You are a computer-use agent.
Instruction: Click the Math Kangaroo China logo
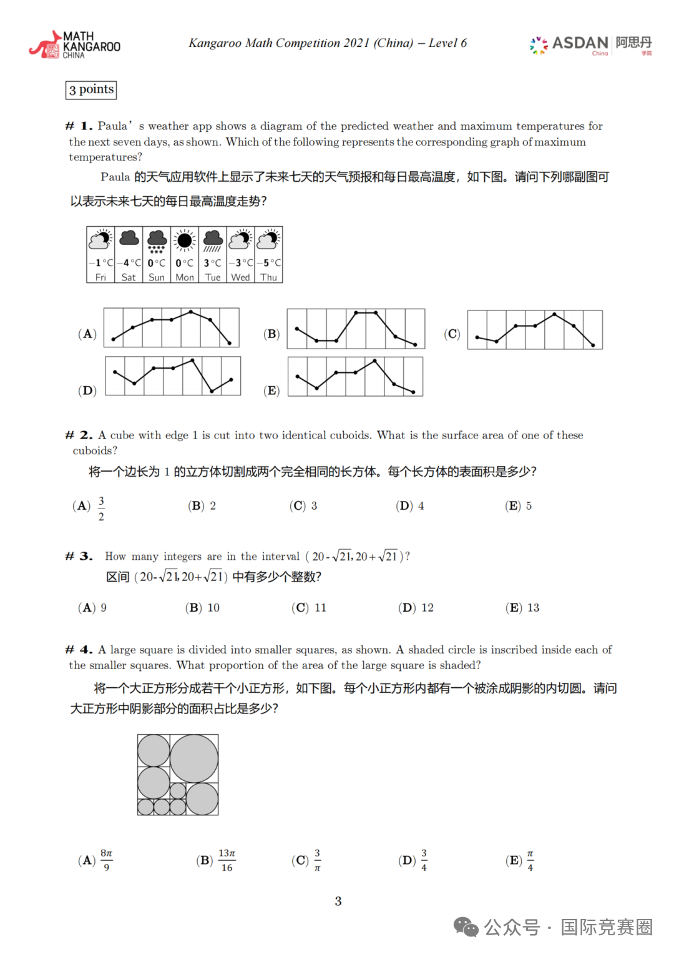pos(74,45)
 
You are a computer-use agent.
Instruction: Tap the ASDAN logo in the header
pos(590,44)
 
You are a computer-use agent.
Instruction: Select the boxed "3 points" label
pos(91,90)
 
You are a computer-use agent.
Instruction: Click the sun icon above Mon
pos(185,241)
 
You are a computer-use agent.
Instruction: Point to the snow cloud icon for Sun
pos(157,241)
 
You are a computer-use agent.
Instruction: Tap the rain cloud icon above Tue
pos(213,241)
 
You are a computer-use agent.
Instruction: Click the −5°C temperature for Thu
pos(269,263)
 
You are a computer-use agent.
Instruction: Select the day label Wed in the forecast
pos(240,277)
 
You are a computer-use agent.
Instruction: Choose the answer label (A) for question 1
pos(87,334)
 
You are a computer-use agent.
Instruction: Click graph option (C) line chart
pos(535,329)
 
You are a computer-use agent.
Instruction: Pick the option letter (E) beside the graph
pos(271,390)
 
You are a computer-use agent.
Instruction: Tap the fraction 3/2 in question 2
pos(101,508)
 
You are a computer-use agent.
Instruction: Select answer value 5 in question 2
pos(529,506)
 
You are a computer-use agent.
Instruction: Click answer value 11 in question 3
pos(320,608)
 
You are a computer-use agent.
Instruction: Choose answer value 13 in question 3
pos(533,608)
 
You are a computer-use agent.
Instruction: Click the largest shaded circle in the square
pos(194,758)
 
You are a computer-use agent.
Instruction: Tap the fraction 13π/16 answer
pos(227,860)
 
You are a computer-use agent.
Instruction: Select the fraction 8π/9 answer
pos(107,860)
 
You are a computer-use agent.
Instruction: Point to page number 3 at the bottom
pos(338,902)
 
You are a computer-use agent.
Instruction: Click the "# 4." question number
pos(79,650)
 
